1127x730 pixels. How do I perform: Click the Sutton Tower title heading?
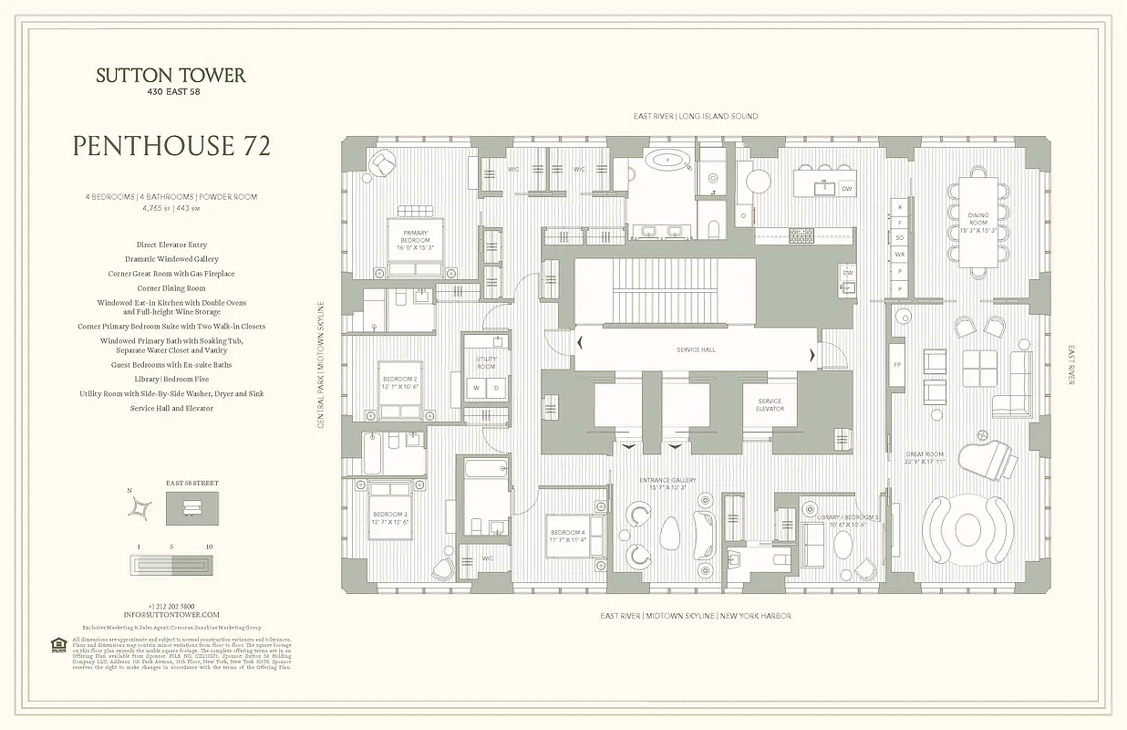171,76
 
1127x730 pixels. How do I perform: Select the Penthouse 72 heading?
171,146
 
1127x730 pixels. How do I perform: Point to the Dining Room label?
978,219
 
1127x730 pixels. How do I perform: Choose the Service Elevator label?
770,406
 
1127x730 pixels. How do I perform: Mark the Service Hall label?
695,350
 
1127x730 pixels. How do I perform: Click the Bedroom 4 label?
566,536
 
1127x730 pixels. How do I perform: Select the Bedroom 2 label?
399,381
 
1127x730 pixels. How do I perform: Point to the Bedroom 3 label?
389,518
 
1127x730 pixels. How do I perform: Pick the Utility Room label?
486,362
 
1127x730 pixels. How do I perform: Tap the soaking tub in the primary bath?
671,162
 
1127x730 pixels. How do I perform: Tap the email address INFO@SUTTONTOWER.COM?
171,615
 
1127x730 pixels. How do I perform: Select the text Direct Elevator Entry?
171,245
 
